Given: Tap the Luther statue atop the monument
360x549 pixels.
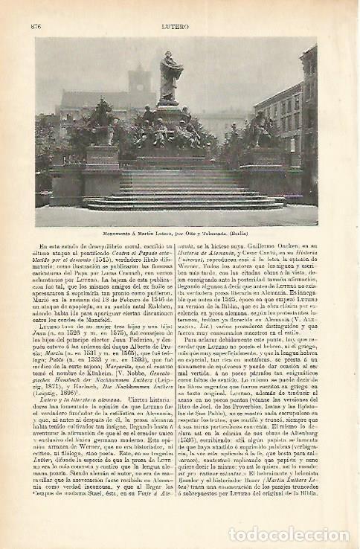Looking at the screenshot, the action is click(x=170, y=77).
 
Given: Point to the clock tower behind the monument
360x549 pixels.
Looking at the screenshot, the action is click(x=139, y=86).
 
